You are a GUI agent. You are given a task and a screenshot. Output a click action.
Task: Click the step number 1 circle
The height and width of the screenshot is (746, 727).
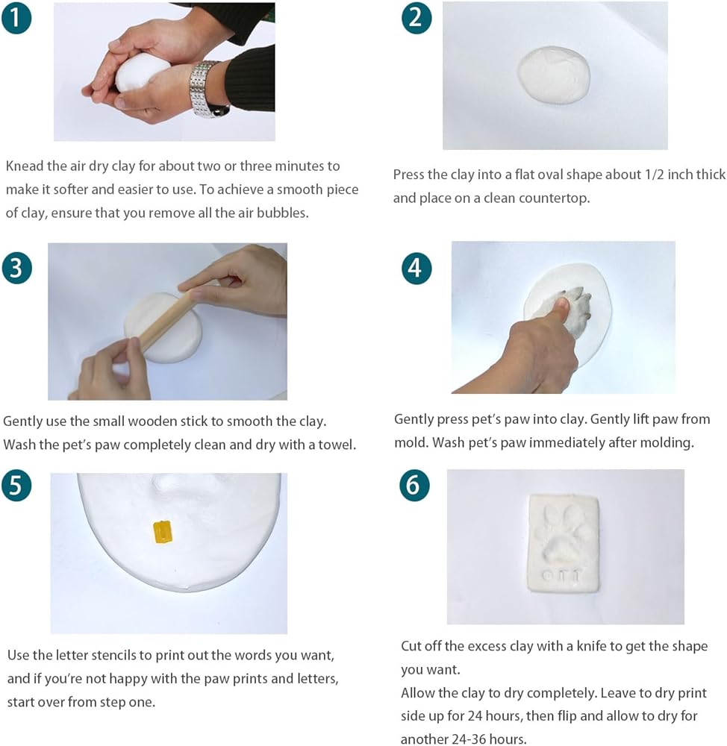[16, 18]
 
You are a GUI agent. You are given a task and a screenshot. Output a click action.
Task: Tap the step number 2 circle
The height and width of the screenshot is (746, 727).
[416, 18]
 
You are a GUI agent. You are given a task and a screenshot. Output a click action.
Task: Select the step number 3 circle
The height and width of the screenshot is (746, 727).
[16, 268]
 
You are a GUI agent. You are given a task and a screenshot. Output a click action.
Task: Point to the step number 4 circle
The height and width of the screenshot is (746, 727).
[416, 269]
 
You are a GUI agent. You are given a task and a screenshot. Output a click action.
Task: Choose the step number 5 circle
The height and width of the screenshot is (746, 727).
[16, 486]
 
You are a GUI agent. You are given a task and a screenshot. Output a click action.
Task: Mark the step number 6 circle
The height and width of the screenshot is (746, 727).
[414, 486]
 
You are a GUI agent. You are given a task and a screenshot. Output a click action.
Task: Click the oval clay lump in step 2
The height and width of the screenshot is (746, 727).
[554, 75]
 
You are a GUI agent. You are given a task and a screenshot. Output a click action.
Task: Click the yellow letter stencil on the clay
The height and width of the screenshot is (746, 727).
[163, 532]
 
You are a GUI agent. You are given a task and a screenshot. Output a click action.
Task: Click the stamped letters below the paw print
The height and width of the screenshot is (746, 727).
[562, 576]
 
